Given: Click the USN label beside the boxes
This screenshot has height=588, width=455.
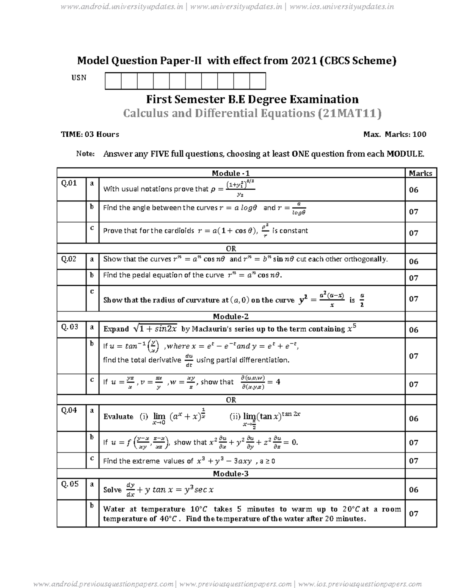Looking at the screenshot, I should pyautogui.click(x=79, y=78).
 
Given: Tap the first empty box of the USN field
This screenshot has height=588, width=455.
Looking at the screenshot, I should pyautogui.click(x=113, y=81).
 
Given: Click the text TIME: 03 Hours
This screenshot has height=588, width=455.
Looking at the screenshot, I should pyautogui.click(x=90, y=134).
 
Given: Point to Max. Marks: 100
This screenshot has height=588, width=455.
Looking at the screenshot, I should pyautogui.click(x=395, y=134).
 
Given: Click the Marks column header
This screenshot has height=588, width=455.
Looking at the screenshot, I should pyautogui.click(x=420, y=173).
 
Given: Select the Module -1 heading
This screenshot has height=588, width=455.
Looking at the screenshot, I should pyautogui.click(x=231, y=173).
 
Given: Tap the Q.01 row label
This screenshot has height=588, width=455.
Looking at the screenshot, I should pyautogui.click(x=69, y=183).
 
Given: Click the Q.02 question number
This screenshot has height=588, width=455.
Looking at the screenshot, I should pyautogui.click(x=69, y=259).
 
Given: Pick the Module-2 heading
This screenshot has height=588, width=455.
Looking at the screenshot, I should pyautogui.click(x=231, y=317).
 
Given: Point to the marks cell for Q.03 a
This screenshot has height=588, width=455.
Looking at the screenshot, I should pyautogui.click(x=414, y=330).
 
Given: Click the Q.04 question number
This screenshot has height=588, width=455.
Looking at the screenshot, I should pyautogui.click(x=69, y=410).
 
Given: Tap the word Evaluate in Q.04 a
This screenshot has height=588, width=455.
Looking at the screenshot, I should pyautogui.click(x=118, y=416).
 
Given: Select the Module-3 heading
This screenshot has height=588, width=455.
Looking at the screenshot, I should pyautogui.click(x=231, y=474).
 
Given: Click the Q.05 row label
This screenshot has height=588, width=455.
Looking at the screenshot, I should pyautogui.click(x=70, y=484).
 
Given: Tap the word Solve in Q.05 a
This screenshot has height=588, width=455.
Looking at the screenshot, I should pyautogui.click(x=112, y=490).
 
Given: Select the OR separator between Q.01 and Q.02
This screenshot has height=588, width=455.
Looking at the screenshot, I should pyautogui.click(x=231, y=249).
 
